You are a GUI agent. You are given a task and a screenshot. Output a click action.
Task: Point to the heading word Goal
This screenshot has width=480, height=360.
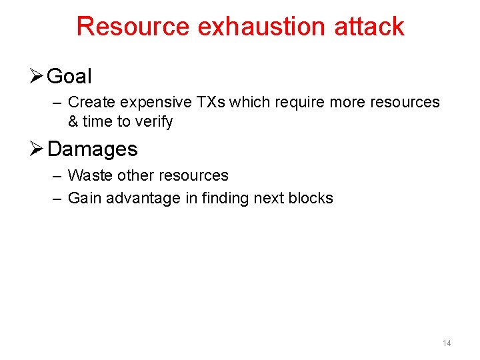point(69,77)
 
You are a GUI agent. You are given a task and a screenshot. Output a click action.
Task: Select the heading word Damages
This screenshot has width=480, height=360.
point(93,149)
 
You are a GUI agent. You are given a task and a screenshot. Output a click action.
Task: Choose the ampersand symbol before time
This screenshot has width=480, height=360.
point(73,121)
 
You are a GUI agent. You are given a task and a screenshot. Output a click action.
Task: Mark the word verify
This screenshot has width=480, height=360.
point(154,121)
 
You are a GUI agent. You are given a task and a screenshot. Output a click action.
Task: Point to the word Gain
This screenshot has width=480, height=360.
point(83,198)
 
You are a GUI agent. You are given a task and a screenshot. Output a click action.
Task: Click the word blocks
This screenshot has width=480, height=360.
point(311,198)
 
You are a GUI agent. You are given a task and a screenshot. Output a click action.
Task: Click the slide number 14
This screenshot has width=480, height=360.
point(447,343)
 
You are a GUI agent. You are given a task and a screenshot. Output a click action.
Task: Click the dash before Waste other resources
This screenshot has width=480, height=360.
point(56,176)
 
